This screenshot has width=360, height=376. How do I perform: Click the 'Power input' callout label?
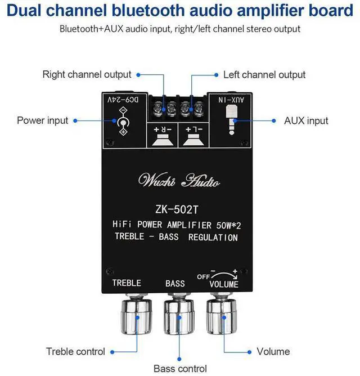tap(42, 120)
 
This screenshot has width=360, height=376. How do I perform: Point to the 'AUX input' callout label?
tap(306, 120)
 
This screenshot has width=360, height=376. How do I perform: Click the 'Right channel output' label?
tap(87, 74)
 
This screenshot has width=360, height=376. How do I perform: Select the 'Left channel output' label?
tap(264, 75)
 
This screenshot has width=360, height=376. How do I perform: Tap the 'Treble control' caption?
tap(75, 352)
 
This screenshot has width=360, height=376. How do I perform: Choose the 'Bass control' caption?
tap(180, 369)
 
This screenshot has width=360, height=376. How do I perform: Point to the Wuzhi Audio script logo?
tap(179, 181)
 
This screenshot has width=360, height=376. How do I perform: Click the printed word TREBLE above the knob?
tap(127, 283)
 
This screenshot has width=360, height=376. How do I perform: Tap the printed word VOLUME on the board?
tap(224, 284)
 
